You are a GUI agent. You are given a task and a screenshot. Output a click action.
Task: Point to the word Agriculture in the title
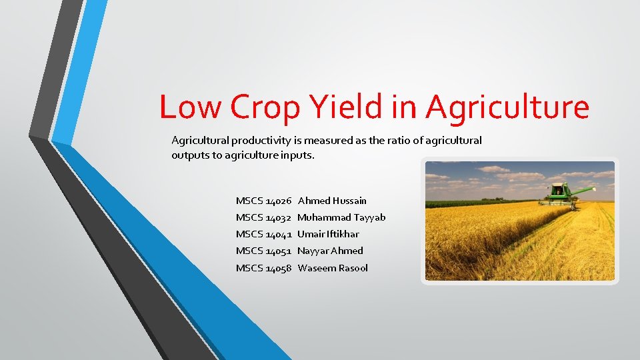pos(507,107)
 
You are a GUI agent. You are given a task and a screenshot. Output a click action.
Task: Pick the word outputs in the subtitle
pos(190,155)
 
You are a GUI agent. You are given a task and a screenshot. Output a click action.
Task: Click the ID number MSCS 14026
pos(264,201)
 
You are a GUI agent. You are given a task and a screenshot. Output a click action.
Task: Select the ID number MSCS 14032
pos(264,217)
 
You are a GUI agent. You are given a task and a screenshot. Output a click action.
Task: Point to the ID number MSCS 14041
pos(264,234)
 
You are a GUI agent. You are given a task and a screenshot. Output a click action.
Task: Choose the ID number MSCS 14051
pos(264,251)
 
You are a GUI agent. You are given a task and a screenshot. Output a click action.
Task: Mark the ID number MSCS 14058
pos(264,268)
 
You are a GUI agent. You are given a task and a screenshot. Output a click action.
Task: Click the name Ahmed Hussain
pos(332,201)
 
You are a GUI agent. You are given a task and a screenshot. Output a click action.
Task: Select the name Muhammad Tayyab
pos(341,217)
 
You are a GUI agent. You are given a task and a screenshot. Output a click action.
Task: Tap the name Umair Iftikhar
pos(328,234)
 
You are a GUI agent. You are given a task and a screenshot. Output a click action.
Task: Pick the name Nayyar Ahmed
pos(330,251)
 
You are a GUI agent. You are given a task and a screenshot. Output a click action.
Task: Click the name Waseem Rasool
pos(333,268)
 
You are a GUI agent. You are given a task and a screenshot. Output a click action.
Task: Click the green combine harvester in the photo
pos(559,193)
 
